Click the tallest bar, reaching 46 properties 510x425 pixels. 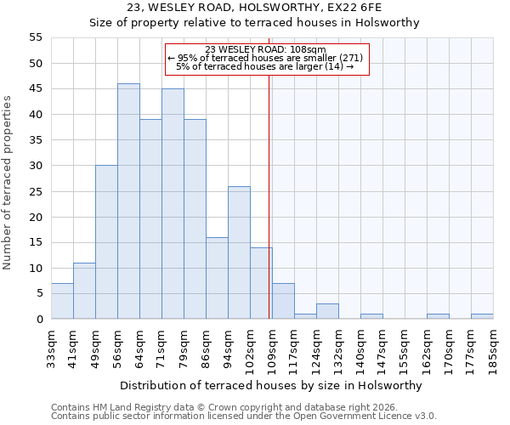pyautogui.click(x=128, y=201)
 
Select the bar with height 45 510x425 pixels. pyautogui.click(x=173, y=204)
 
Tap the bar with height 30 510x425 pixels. pyautogui.click(x=106, y=242)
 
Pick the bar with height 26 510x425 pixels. pyautogui.click(x=239, y=252)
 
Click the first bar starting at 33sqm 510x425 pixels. pyautogui.click(x=62, y=301)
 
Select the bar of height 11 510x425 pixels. pyautogui.click(x=84, y=291)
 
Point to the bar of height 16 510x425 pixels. pyautogui.click(x=217, y=278)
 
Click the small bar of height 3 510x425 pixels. pyautogui.click(x=327, y=311)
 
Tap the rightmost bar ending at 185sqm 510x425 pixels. pyautogui.click(x=482, y=316)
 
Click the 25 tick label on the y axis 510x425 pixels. pyautogui.click(x=35, y=191)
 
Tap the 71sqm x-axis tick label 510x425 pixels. pyautogui.click(x=161, y=344)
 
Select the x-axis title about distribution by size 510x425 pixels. pyautogui.click(x=271, y=385)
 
